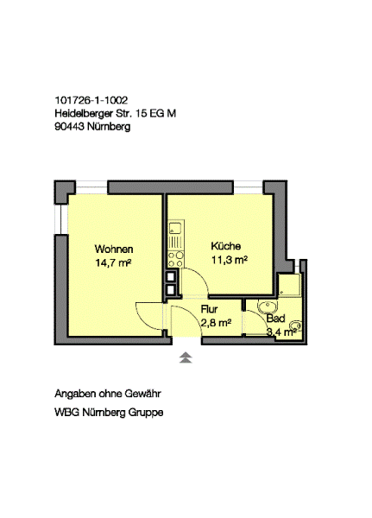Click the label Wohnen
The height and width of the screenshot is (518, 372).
click(114, 249)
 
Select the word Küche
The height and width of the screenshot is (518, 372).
click(226, 246)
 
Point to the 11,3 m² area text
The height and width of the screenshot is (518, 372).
click(230, 260)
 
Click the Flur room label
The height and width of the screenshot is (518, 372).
click(209, 309)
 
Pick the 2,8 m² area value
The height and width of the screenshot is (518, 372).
click(216, 323)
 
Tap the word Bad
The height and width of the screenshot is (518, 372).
click(276, 319)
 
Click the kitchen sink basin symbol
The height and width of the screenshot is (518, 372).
click(175, 228)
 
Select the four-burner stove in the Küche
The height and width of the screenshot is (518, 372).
click(175, 259)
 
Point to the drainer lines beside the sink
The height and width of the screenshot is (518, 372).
click(175, 242)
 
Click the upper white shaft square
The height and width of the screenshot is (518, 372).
click(171, 276)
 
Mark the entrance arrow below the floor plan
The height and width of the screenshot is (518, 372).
click(186, 358)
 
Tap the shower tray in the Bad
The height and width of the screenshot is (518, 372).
click(289, 284)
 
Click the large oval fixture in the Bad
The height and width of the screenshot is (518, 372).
click(268, 308)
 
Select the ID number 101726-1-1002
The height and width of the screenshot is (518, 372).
click(91, 100)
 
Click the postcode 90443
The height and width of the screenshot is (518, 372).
click(69, 127)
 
